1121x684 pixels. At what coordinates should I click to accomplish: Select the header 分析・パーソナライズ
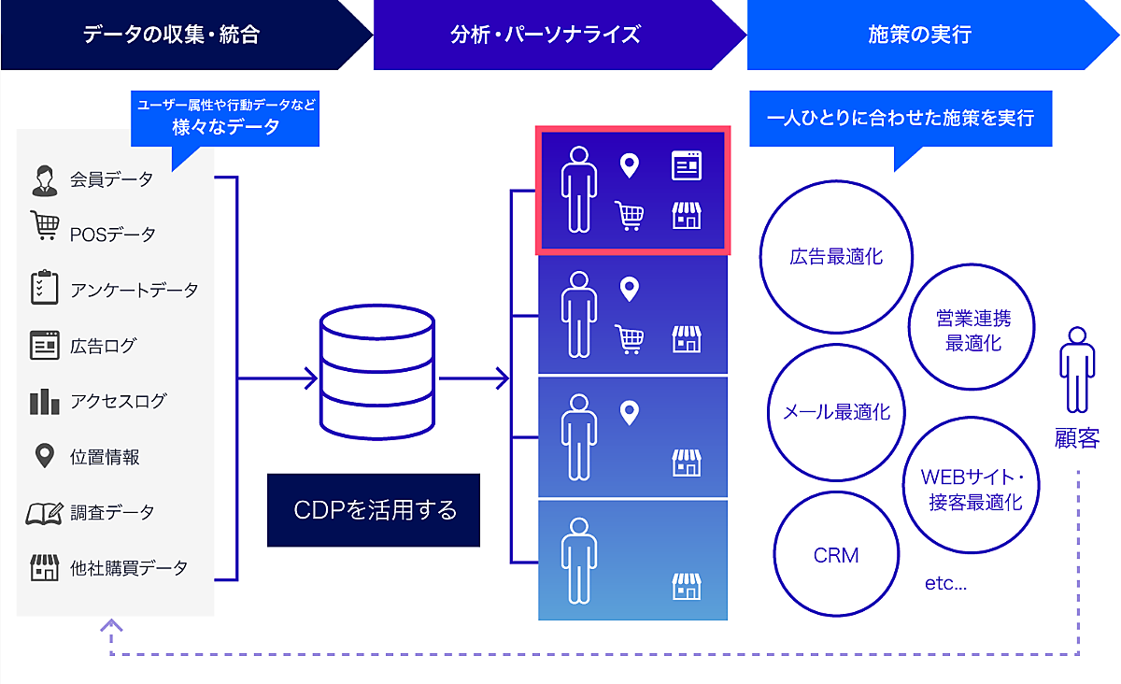(546, 36)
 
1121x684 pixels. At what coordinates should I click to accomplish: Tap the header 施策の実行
(919, 36)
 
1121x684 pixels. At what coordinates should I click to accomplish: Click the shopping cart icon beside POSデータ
(44, 226)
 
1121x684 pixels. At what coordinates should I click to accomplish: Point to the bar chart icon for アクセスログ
(44, 402)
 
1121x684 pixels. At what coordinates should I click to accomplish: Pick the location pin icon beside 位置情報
(44, 457)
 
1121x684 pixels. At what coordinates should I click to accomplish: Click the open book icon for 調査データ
(44, 512)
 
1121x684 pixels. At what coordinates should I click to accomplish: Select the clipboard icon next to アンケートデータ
(44, 288)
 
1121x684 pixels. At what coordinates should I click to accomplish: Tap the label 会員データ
(111, 179)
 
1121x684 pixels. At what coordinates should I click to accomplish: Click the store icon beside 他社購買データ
(44, 567)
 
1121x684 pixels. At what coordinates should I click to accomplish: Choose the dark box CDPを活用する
(374, 510)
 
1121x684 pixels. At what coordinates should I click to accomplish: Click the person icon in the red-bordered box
(578, 190)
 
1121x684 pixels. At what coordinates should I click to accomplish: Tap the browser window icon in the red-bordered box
(687, 166)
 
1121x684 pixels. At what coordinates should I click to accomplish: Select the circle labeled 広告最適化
(836, 257)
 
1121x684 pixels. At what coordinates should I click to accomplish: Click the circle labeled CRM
(836, 555)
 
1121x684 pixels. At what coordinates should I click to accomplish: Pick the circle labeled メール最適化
(836, 411)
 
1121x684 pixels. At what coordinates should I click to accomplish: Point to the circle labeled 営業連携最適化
(972, 330)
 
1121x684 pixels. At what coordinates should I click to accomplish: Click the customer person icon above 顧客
(1077, 370)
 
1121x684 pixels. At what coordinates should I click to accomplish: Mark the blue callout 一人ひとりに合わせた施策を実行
(901, 120)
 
